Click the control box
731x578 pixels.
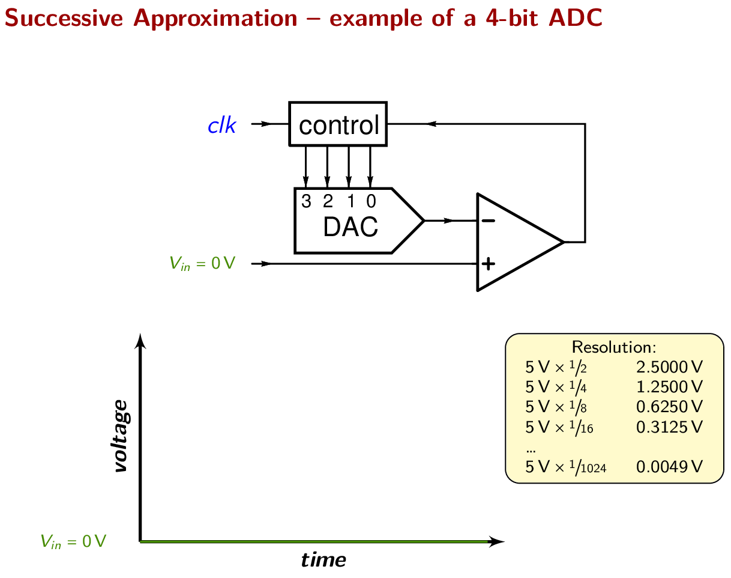[x=338, y=124]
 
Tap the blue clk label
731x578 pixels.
[x=221, y=126]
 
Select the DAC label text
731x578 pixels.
[x=350, y=227]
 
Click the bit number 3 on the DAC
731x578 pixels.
[x=306, y=202]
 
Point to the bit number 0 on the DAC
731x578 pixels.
[x=371, y=202]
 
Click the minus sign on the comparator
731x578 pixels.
[x=489, y=221]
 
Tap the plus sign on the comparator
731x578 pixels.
[x=489, y=263]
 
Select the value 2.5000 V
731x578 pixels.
[x=669, y=367]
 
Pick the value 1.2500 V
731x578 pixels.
[x=669, y=386]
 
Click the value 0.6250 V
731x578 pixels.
[x=669, y=407]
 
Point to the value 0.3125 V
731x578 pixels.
[x=669, y=427]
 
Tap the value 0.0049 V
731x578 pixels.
[x=669, y=467]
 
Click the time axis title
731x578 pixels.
[x=323, y=561]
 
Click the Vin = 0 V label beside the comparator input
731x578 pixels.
[x=202, y=263]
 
